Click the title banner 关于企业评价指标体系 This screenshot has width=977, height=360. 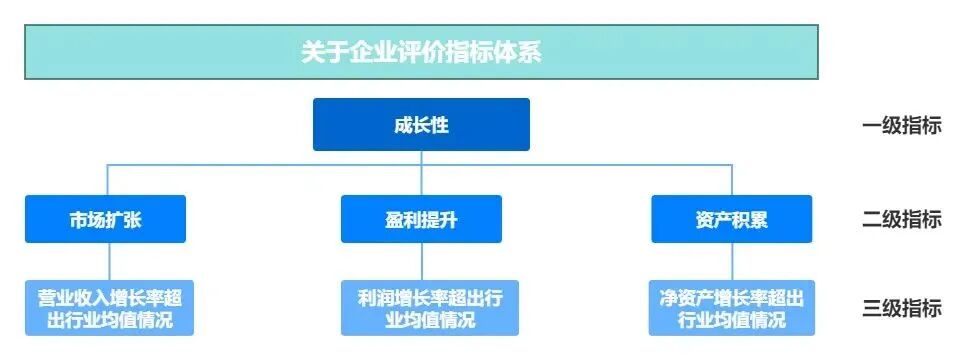[x=421, y=52]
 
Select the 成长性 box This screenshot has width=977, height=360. [x=421, y=124]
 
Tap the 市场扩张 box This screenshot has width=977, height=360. [x=105, y=219]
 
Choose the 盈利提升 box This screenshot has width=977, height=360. [x=421, y=219]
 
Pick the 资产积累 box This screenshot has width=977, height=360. [x=731, y=219]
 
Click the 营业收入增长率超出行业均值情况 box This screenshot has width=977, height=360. [x=109, y=308]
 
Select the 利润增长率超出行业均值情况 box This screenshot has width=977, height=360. [x=429, y=308]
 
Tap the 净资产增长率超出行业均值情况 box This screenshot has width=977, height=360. [x=731, y=308]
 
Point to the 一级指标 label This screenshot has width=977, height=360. [x=901, y=126]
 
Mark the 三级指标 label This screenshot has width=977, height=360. [x=901, y=308]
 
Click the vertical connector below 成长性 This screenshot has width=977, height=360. [x=421, y=157]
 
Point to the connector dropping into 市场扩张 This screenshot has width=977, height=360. [x=108, y=179]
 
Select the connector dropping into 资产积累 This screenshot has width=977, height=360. [x=732, y=179]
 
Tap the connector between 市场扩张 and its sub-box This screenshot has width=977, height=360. [x=108, y=261]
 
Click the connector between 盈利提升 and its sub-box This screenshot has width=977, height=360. [x=421, y=261]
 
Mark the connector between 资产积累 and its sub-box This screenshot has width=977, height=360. [x=732, y=261]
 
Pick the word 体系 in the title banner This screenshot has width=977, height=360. [x=519, y=52]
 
